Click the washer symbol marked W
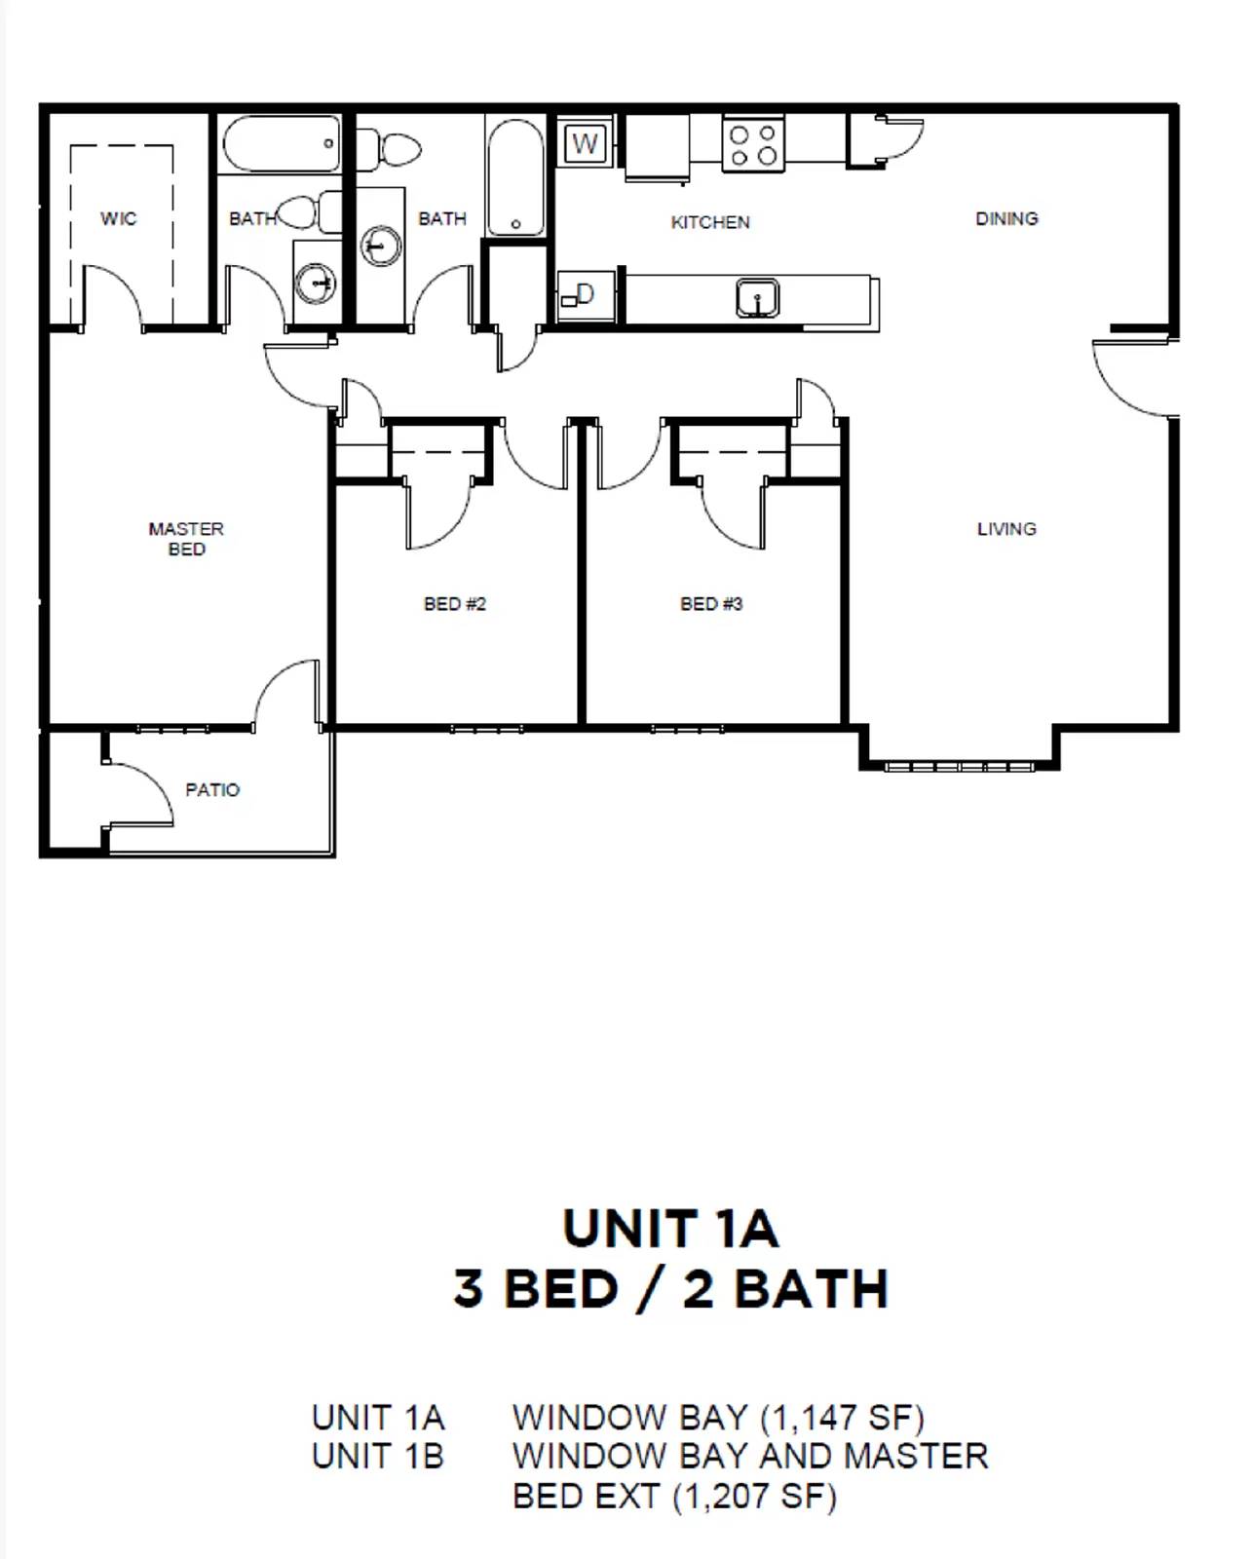pyautogui.click(x=585, y=144)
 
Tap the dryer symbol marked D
pyautogui.click(x=583, y=294)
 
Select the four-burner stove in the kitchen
pyautogui.click(x=753, y=145)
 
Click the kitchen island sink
pyautogui.click(x=757, y=297)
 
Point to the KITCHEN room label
pyautogui.click(x=710, y=222)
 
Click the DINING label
pyautogui.click(x=1006, y=218)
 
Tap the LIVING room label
pyautogui.click(x=1006, y=529)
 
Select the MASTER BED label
pyautogui.click(x=186, y=539)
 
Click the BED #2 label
pyautogui.click(x=455, y=604)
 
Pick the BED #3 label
pyautogui.click(x=711, y=604)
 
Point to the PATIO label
pyautogui.click(x=212, y=789)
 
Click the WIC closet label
pyautogui.click(x=119, y=218)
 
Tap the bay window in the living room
pyautogui.click(x=959, y=766)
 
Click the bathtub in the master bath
pyautogui.click(x=281, y=144)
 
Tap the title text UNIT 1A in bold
pyautogui.click(x=670, y=1229)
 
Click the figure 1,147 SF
pyautogui.click(x=842, y=1417)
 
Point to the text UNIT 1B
pyautogui.click(x=378, y=1456)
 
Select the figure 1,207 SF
pyautogui.click(x=754, y=1496)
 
